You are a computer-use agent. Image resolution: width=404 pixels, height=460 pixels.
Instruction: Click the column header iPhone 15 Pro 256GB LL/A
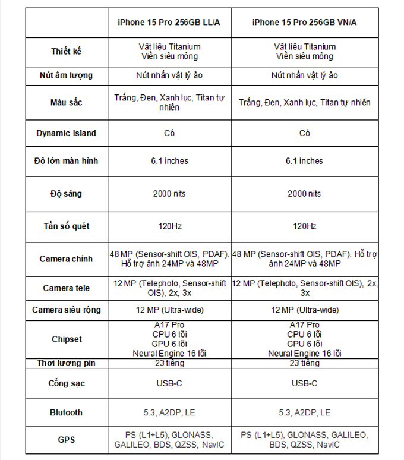[169, 23]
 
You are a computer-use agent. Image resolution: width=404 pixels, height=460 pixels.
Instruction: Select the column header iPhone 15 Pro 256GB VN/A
[305, 23]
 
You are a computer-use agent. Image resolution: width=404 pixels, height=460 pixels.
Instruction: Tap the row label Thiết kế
[66, 51]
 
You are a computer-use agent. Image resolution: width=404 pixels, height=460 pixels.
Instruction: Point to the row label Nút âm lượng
[66, 75]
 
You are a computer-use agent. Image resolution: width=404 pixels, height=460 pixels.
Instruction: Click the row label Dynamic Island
[66, 133]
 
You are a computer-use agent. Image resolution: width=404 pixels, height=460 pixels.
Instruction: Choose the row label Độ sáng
[66, 194]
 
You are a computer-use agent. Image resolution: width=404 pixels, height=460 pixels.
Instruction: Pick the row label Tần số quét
[66, 226]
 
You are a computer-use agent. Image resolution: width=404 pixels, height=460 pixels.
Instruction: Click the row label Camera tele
[66, 288]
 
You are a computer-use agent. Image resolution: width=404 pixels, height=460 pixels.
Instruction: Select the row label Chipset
[66, 339]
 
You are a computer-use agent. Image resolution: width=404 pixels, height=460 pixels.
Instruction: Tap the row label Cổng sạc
[66, 383]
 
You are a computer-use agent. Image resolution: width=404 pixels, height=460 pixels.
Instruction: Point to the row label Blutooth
[66, 412]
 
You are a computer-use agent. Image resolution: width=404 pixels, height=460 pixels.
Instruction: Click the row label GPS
[66, 440]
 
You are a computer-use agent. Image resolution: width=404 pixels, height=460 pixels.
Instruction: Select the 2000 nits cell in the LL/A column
[169, 194]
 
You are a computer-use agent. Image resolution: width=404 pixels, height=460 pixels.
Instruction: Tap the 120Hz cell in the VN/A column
[305, 226]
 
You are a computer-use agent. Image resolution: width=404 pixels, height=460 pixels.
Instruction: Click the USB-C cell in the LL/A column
[169, 383]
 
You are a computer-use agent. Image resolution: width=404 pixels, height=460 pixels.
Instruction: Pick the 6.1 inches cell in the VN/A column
[305, 161]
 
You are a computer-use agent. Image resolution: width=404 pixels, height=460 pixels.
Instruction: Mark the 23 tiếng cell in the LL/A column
[169, 363]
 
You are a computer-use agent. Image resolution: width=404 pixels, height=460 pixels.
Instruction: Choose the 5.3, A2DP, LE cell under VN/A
[305, 412]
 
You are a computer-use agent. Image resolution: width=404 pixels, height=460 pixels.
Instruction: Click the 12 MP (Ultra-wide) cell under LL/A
[169, 310]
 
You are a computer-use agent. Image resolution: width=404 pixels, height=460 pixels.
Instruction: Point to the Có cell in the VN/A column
[305, 133]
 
